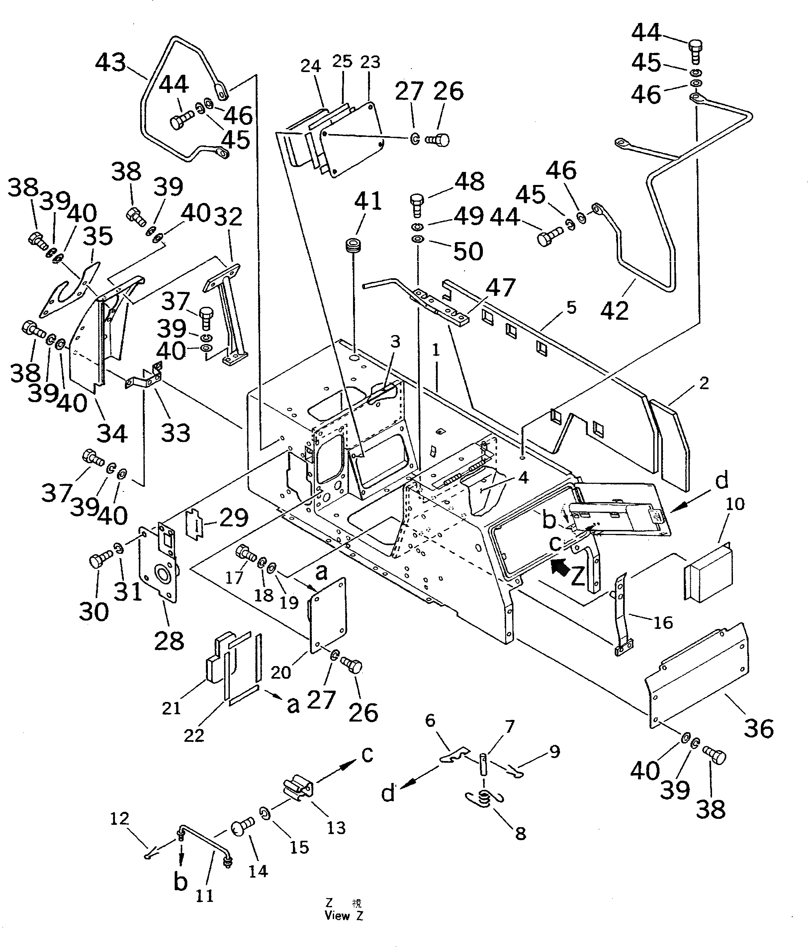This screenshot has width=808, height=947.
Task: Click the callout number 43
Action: [110, 63]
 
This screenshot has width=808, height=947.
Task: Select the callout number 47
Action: [500, 288]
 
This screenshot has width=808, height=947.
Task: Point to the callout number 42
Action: [615, 311]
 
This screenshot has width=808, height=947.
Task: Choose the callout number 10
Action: [735, 504]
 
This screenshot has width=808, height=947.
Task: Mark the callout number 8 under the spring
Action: [520, 833]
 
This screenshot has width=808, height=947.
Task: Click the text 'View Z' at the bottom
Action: [344, 915]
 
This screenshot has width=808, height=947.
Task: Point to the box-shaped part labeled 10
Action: [707, 570]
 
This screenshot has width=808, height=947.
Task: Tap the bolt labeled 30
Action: [100, 560]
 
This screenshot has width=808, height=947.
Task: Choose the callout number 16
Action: [663, 622]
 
